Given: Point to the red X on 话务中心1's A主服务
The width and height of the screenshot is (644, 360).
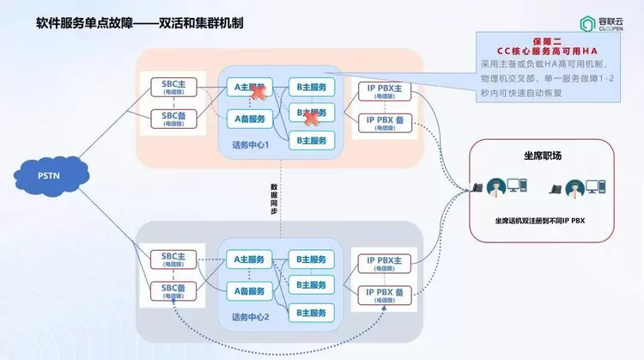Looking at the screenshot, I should pyautogui.click(x=256, y=91).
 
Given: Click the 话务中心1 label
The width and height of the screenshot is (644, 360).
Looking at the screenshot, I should pyautogui.click(x=251, y=143).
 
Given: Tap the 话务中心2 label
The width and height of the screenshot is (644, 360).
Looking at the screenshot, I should pyautogui.click(x=251, y=316).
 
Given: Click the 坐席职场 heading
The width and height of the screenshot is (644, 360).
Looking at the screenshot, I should pyautogui.click(x=542, y=156).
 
